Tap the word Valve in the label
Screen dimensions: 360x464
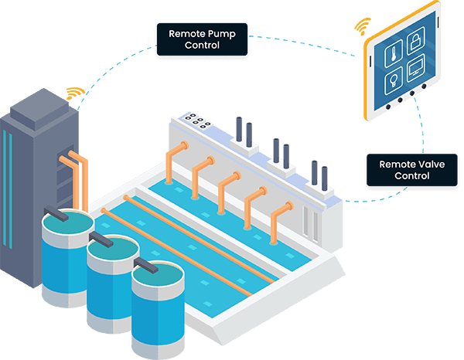tap(432, 164)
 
